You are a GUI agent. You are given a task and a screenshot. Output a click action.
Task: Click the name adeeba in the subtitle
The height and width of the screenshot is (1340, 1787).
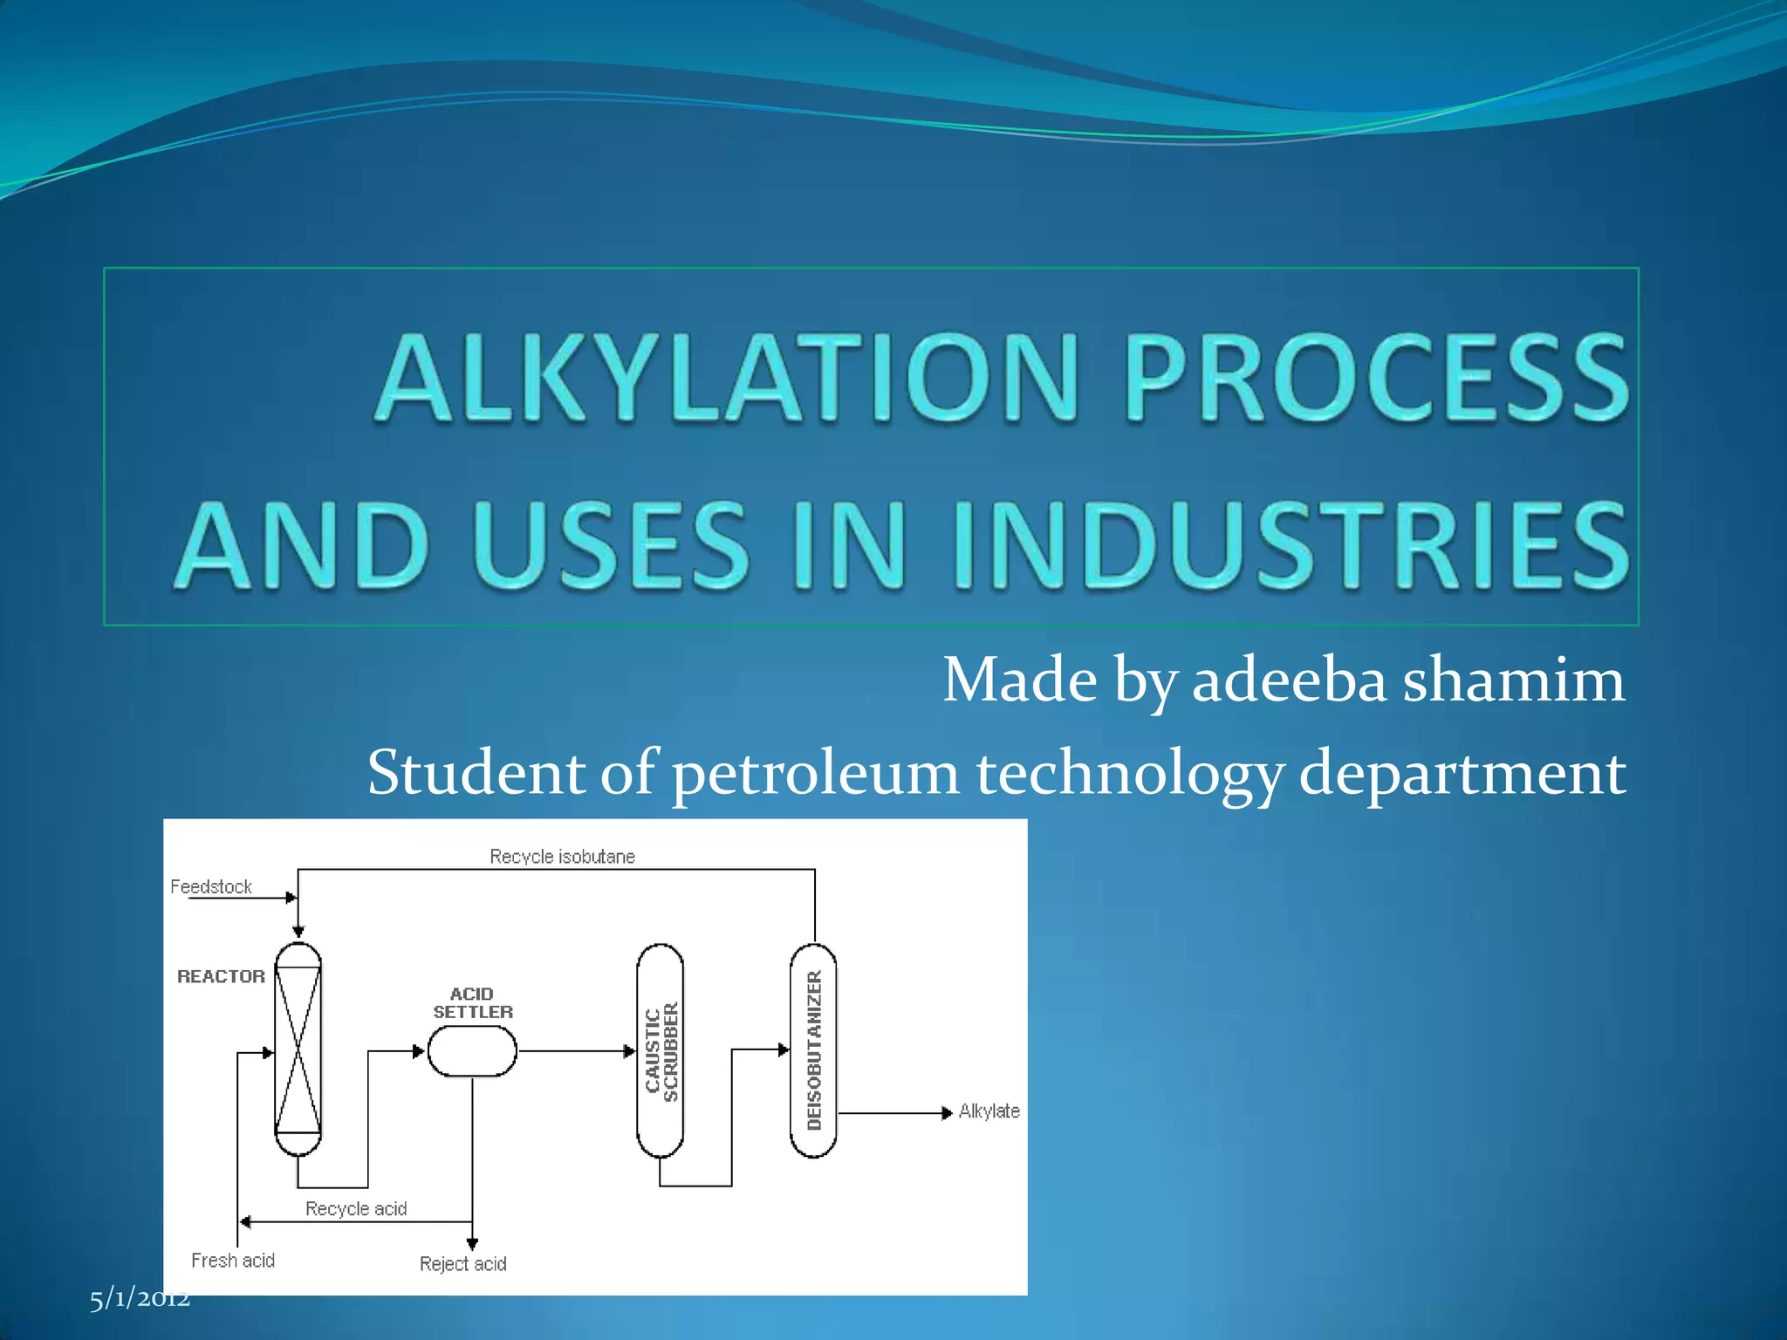(1289, 680)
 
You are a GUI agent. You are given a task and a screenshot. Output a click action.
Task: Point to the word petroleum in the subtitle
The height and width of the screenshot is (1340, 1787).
(815, 773)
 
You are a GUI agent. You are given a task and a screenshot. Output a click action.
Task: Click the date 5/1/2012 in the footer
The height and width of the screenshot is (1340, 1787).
(140, 1299)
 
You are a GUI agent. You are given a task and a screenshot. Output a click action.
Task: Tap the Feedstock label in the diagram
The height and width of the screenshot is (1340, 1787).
(211, 887)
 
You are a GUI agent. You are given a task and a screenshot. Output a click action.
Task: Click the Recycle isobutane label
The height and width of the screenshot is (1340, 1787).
(562, 857)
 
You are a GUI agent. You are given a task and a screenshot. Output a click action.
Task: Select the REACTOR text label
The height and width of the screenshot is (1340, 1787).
(221, 977)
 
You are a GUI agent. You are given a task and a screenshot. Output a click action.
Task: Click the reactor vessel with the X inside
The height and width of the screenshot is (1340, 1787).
(298, 1049)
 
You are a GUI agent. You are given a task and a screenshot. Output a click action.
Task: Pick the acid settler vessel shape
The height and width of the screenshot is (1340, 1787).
(472, 1051)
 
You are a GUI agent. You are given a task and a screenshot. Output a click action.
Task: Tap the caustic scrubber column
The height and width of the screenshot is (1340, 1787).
(661, 1050)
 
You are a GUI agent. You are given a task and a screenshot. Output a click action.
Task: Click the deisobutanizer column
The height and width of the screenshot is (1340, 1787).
(813, 1050)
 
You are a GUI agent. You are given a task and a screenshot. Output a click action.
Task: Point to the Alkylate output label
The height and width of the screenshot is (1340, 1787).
(989, 1111)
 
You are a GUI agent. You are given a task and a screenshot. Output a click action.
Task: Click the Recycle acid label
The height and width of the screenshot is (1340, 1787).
(356, 1209)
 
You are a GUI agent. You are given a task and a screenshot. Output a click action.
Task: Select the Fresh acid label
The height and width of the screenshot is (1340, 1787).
(233, 1261)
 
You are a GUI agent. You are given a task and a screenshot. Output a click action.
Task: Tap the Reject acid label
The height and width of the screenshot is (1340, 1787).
(462, 1264)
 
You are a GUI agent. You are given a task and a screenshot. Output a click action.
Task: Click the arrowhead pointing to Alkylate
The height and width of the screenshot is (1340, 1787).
(947, 1113)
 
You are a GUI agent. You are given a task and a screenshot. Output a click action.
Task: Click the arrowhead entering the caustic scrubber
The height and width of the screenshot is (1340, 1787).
(629, 1051)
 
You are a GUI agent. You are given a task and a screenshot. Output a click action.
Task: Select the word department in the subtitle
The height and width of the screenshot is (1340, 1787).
(1462, 773)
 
